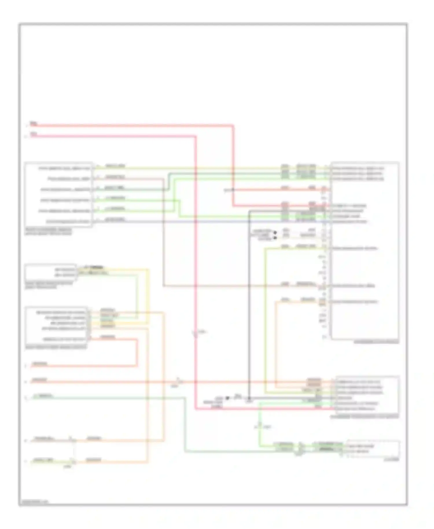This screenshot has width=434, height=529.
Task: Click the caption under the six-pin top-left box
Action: coord(48,232)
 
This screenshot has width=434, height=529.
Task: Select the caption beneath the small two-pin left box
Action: coord(49,285)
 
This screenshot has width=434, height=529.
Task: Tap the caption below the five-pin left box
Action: coord(56,347)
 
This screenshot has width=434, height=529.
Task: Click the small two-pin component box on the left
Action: coord(51,272)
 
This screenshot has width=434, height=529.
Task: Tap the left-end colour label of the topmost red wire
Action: coord(34,124)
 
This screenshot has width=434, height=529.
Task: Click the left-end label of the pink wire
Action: coord(34,134)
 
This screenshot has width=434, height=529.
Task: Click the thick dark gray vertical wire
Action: coord(249,304)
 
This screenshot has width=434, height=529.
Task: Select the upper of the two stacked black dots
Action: coord(275,232)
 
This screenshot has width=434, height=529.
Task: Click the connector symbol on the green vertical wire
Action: coord(260,426)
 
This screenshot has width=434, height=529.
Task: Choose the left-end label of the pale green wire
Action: coord(43,396)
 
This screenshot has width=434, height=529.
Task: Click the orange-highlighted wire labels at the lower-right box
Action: coord(314,382)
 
